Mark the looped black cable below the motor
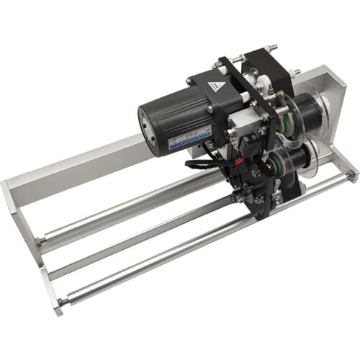pyautogui.click(x=205, y=163)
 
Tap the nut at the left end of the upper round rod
pyautogui.click(x=43, y=240)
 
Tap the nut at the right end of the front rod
pyautogui.click(x=351, y=174)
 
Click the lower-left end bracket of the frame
pyautogui.click(x=50, y=284)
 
